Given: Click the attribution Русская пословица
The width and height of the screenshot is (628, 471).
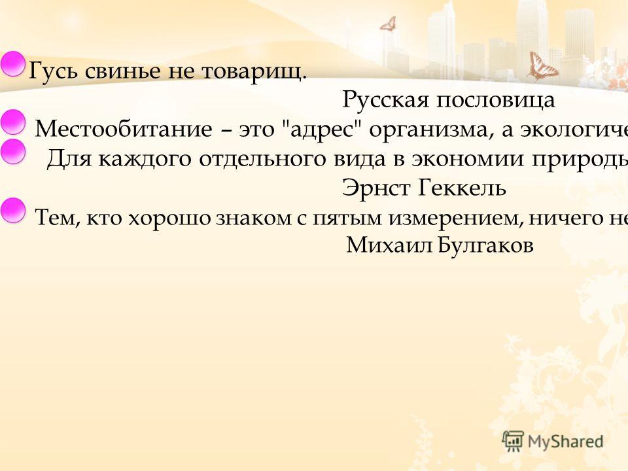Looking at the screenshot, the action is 449,99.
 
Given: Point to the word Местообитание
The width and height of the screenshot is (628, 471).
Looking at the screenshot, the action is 124,129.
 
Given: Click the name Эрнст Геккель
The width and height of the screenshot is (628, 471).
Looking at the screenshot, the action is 424,188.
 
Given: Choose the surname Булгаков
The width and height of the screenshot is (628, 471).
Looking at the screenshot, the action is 485,245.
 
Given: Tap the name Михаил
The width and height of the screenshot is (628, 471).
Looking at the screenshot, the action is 389,245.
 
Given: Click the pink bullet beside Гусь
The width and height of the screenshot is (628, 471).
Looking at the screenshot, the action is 12,64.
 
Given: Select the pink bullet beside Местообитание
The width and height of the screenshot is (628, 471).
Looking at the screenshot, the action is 13,122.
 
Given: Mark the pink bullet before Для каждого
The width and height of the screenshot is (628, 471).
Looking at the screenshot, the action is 13,151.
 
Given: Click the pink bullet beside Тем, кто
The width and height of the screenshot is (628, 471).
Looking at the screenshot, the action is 13,210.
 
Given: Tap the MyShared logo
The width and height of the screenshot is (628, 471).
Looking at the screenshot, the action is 553,442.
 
